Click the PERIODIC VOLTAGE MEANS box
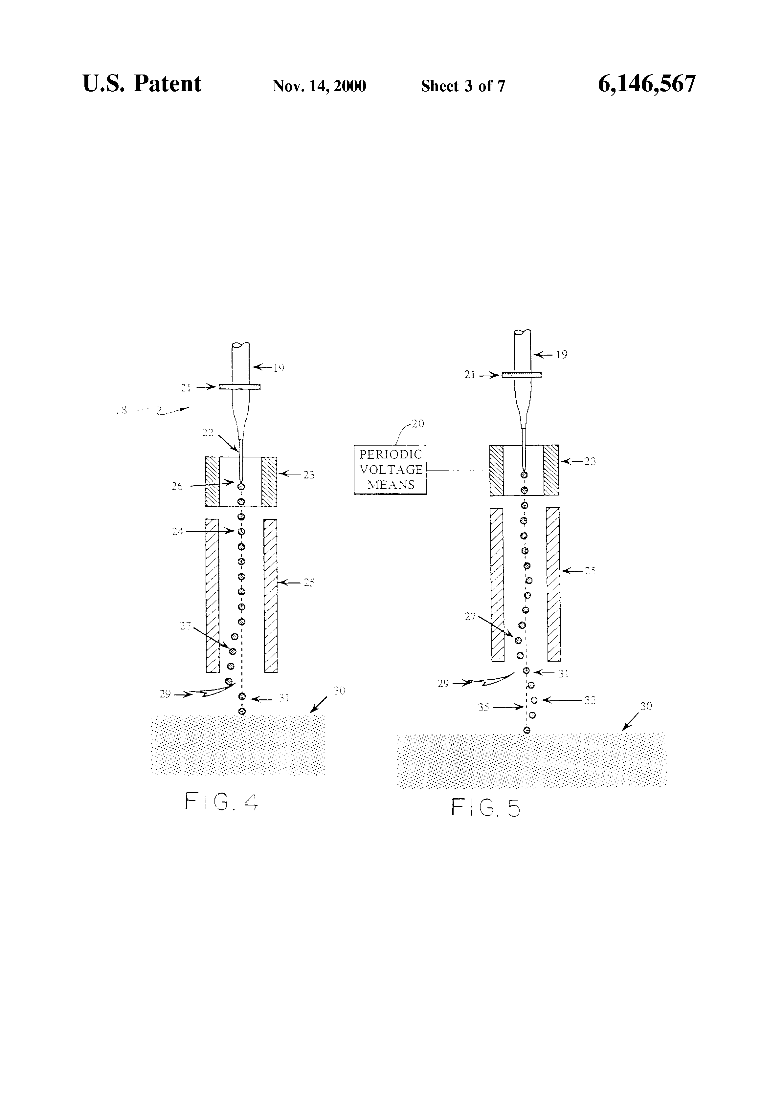(x=390, y=470)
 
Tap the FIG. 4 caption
(x=222, y=802)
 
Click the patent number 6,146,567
(x=646, y=84)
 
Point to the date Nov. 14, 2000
(x=319, y=86)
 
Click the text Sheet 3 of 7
(x=463, y=86)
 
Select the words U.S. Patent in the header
(x=142, y=84)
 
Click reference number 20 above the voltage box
(x=417, y=424)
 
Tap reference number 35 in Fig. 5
(x=483, y=707)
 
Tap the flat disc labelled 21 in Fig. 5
(x=522, y=375)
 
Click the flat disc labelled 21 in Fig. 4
(x=239, y=387)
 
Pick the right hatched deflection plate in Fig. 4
(x=271, y=595)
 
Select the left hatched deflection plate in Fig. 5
(x=497, y=584)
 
